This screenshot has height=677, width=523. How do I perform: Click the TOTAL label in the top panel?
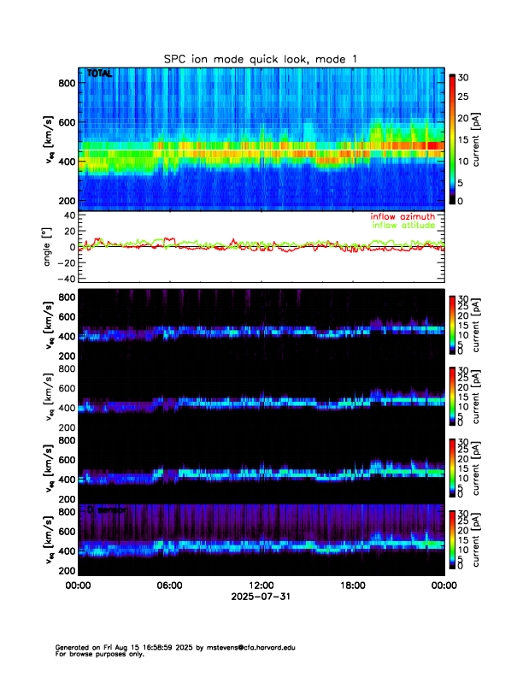click(x=100, y=75)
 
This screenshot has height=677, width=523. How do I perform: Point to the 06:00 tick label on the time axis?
click(x=169, y=586)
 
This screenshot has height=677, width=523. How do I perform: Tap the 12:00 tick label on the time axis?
click(x=261, y=586)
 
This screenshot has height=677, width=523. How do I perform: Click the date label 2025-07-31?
click(x=261, y=598)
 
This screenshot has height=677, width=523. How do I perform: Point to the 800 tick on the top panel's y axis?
click(x=67, y=83)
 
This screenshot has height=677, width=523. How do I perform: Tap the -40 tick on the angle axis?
click(x=64, y=279)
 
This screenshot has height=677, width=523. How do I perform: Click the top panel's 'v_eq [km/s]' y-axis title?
click(x=50, y=141)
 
